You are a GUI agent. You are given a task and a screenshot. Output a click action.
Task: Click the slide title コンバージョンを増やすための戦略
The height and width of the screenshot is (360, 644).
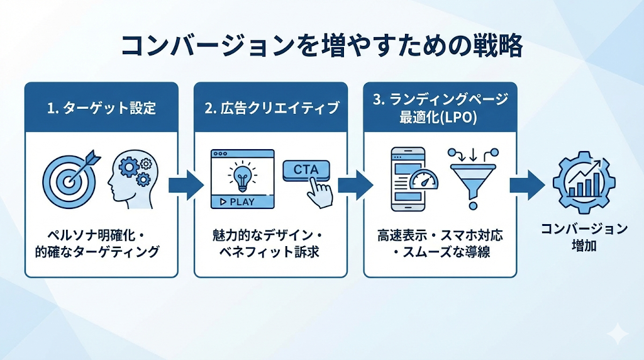pyautogui.click(x=321, y=46)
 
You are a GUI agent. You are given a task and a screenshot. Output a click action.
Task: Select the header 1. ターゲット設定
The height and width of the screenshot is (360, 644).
pyautogui.click(x=101, y=108)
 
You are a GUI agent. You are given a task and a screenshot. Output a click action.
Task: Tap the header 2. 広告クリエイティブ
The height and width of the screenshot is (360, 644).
pyautogui.click(x=271, y=108)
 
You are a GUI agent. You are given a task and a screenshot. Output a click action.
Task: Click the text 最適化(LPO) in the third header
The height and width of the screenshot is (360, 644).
pyautogui.click(x=440, y=117)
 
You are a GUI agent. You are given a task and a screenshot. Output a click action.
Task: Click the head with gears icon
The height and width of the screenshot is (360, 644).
pyautogui.click(x=130, y=177)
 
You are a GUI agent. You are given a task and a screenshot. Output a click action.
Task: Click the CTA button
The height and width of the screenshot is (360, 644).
pyautogui.click(x=306, y=170)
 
